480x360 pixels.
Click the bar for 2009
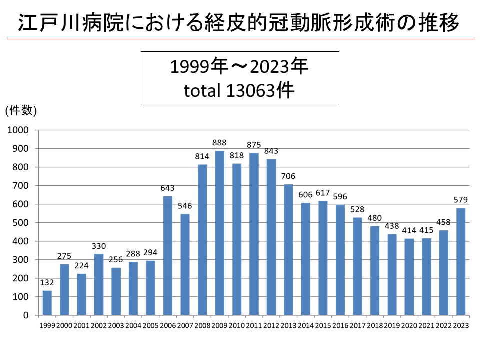click(x=219, y=233)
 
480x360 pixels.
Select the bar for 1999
click(x=47, y=303)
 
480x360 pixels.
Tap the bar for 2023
click(x=461, y=261)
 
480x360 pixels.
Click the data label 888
click(x=219, y=143)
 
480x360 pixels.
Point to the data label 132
click(x=47, y=283)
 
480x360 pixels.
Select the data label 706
click(x=288, y=176)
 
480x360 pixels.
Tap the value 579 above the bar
click(x=461, y=200)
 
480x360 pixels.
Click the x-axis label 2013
click(x=288, y=325)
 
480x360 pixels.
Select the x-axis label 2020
click(x=409, y=325)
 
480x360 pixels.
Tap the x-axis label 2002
click(x=98, y=325)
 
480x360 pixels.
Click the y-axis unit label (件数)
click(x=21, y=111)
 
